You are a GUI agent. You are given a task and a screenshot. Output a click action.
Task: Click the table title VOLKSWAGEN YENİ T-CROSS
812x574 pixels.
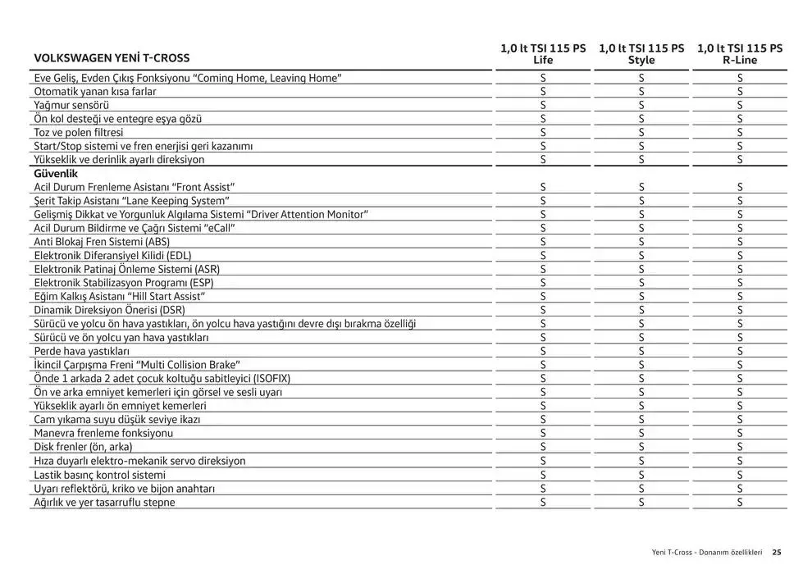point(112,58)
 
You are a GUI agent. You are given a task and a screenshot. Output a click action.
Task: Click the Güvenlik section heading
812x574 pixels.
point(56,174)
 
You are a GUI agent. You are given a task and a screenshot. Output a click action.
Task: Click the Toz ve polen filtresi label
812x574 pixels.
point(79,132)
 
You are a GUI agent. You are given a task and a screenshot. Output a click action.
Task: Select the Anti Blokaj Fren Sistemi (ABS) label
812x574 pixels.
point(102,242)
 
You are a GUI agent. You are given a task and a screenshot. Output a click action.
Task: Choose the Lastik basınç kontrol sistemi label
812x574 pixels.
point(99,475)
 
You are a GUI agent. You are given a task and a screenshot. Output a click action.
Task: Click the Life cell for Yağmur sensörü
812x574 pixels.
point(543,105)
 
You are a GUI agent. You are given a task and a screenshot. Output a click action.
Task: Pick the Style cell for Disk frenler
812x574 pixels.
point(641,447)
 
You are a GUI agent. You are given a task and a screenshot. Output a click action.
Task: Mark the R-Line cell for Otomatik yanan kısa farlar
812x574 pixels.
point(740,91)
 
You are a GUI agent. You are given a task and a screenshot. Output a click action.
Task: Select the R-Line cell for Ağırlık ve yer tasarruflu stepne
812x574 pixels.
point(740,502)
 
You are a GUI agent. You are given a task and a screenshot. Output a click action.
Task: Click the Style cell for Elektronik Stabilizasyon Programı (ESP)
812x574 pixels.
point(641,283)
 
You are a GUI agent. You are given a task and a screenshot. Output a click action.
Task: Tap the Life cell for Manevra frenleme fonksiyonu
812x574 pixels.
point(543,433)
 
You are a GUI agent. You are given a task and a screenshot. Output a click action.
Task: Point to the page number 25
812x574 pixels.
point(777,552)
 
